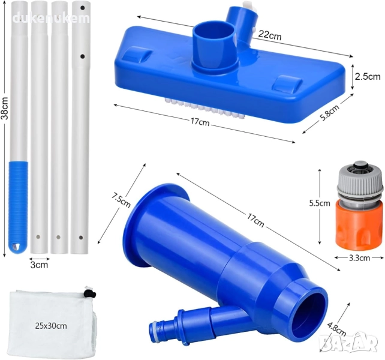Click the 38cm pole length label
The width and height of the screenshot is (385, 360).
click(5, 108)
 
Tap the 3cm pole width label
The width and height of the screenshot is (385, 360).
click(39, 265)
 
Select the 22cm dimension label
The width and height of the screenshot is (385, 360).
click(270, 35)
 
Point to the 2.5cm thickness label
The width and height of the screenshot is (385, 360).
click(368, 77)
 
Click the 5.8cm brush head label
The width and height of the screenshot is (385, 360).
click(330, 113)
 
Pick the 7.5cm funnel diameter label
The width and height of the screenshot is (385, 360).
click(121, 200)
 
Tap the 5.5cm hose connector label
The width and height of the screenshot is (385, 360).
click(320, 203)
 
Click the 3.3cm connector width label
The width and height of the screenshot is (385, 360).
click(359, 258)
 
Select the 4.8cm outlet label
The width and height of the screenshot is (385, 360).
click(336, 329)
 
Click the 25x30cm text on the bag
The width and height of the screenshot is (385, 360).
click(51, 326)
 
